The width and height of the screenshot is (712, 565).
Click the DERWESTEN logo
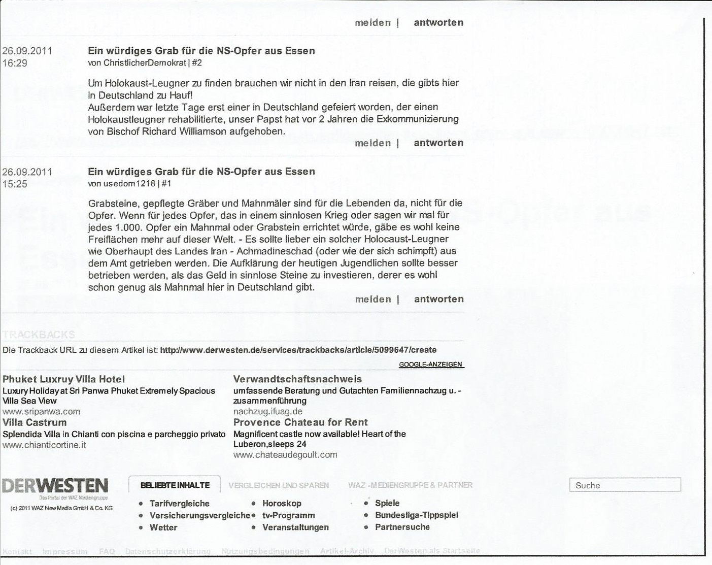(55, 486)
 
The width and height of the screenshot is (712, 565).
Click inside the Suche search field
(625, 485)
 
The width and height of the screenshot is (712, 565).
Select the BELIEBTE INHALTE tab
(175, 485)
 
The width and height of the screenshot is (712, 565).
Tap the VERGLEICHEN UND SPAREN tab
(279, 485)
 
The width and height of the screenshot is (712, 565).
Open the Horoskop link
(282, 503)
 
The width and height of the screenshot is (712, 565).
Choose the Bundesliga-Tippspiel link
(416, 515)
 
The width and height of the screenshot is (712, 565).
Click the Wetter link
(163, 527)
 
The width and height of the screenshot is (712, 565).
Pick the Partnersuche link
(402, 527)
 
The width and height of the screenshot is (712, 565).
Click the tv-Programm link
(288, 515)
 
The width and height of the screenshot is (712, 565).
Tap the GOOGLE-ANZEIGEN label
(431, 364)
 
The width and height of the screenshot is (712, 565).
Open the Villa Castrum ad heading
(35, 422)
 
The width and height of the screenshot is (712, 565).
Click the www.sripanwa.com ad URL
(42, 412)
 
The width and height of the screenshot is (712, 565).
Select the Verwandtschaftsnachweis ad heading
(297, 379)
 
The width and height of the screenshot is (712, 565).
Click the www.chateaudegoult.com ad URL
(285, 455)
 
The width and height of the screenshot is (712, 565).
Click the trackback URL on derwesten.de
(298, 350)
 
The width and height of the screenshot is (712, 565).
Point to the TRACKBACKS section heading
(39, 335)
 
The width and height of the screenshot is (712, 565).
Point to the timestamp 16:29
(15, 63)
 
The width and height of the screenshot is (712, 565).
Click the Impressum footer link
(65, 551)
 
